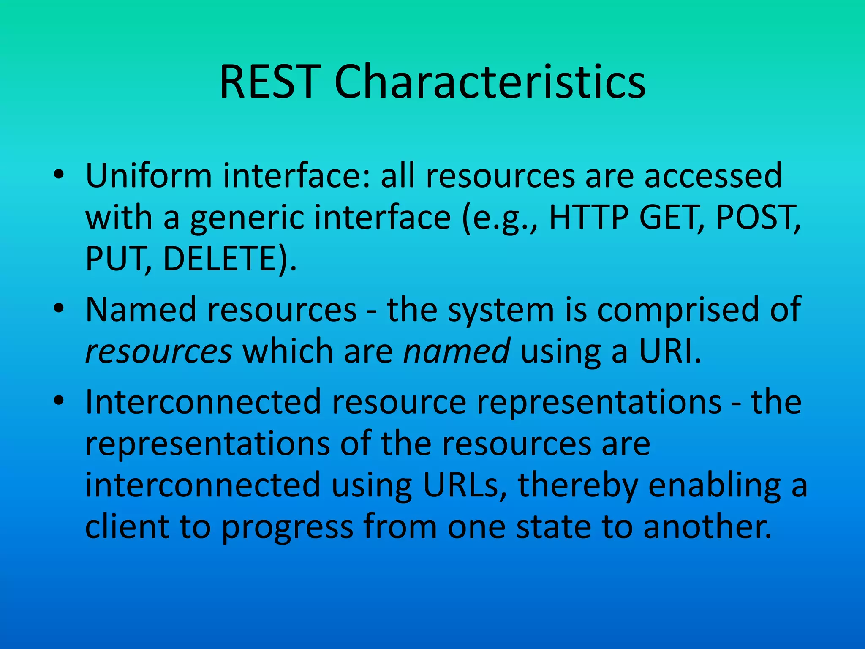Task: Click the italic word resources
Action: point(158,352)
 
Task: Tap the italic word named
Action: point(457,352)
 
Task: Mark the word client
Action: point(127,527)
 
